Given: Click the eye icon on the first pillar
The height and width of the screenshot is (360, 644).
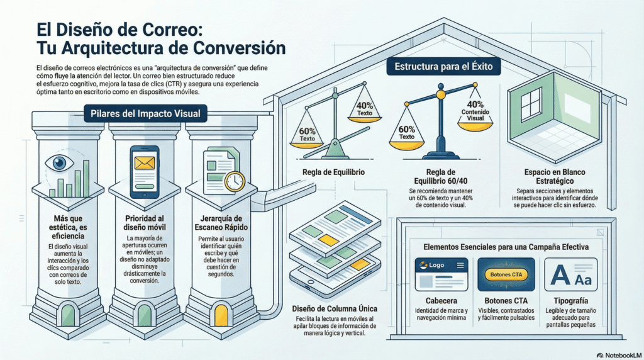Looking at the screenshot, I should tap(60, 163).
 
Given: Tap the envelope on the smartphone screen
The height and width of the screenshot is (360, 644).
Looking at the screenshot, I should tap(145, 164).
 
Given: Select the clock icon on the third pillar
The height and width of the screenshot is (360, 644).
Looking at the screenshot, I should tap(234, 181).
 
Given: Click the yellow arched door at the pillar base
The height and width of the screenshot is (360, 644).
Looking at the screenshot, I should tap(221, 312).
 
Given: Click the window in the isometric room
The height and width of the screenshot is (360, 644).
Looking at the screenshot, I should tap(531, 104).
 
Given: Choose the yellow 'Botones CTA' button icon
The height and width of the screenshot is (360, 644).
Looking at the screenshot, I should tap(506, 274).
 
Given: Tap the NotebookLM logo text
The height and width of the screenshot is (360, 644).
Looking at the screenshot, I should tap(619, 354).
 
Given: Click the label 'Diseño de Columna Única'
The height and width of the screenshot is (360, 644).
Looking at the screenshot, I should tap(335, 308).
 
